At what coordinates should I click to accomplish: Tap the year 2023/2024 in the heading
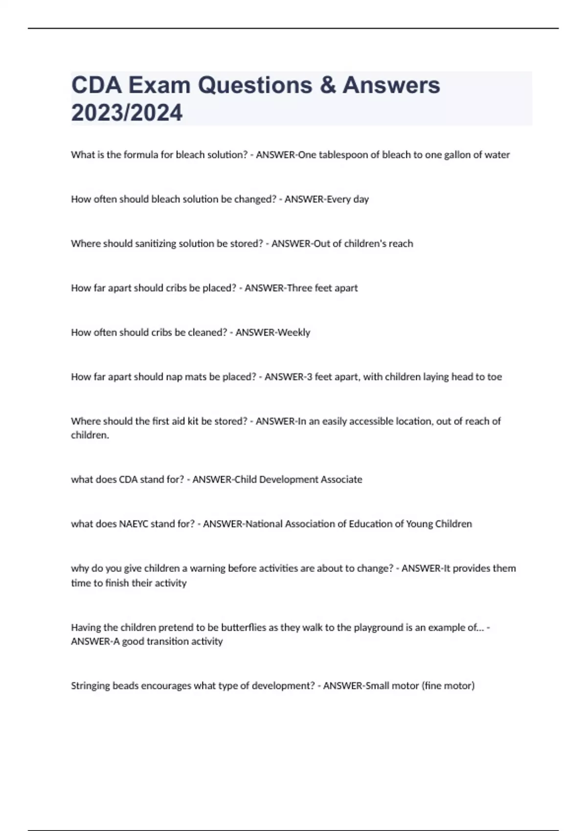coord(127,112)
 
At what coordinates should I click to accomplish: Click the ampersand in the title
coord(327,85)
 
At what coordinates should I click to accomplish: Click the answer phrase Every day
coord(348,199)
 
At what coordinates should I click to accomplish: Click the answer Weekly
coord(294,332)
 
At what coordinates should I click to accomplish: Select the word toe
coord(495,377)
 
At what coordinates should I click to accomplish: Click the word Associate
coord(341,480)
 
